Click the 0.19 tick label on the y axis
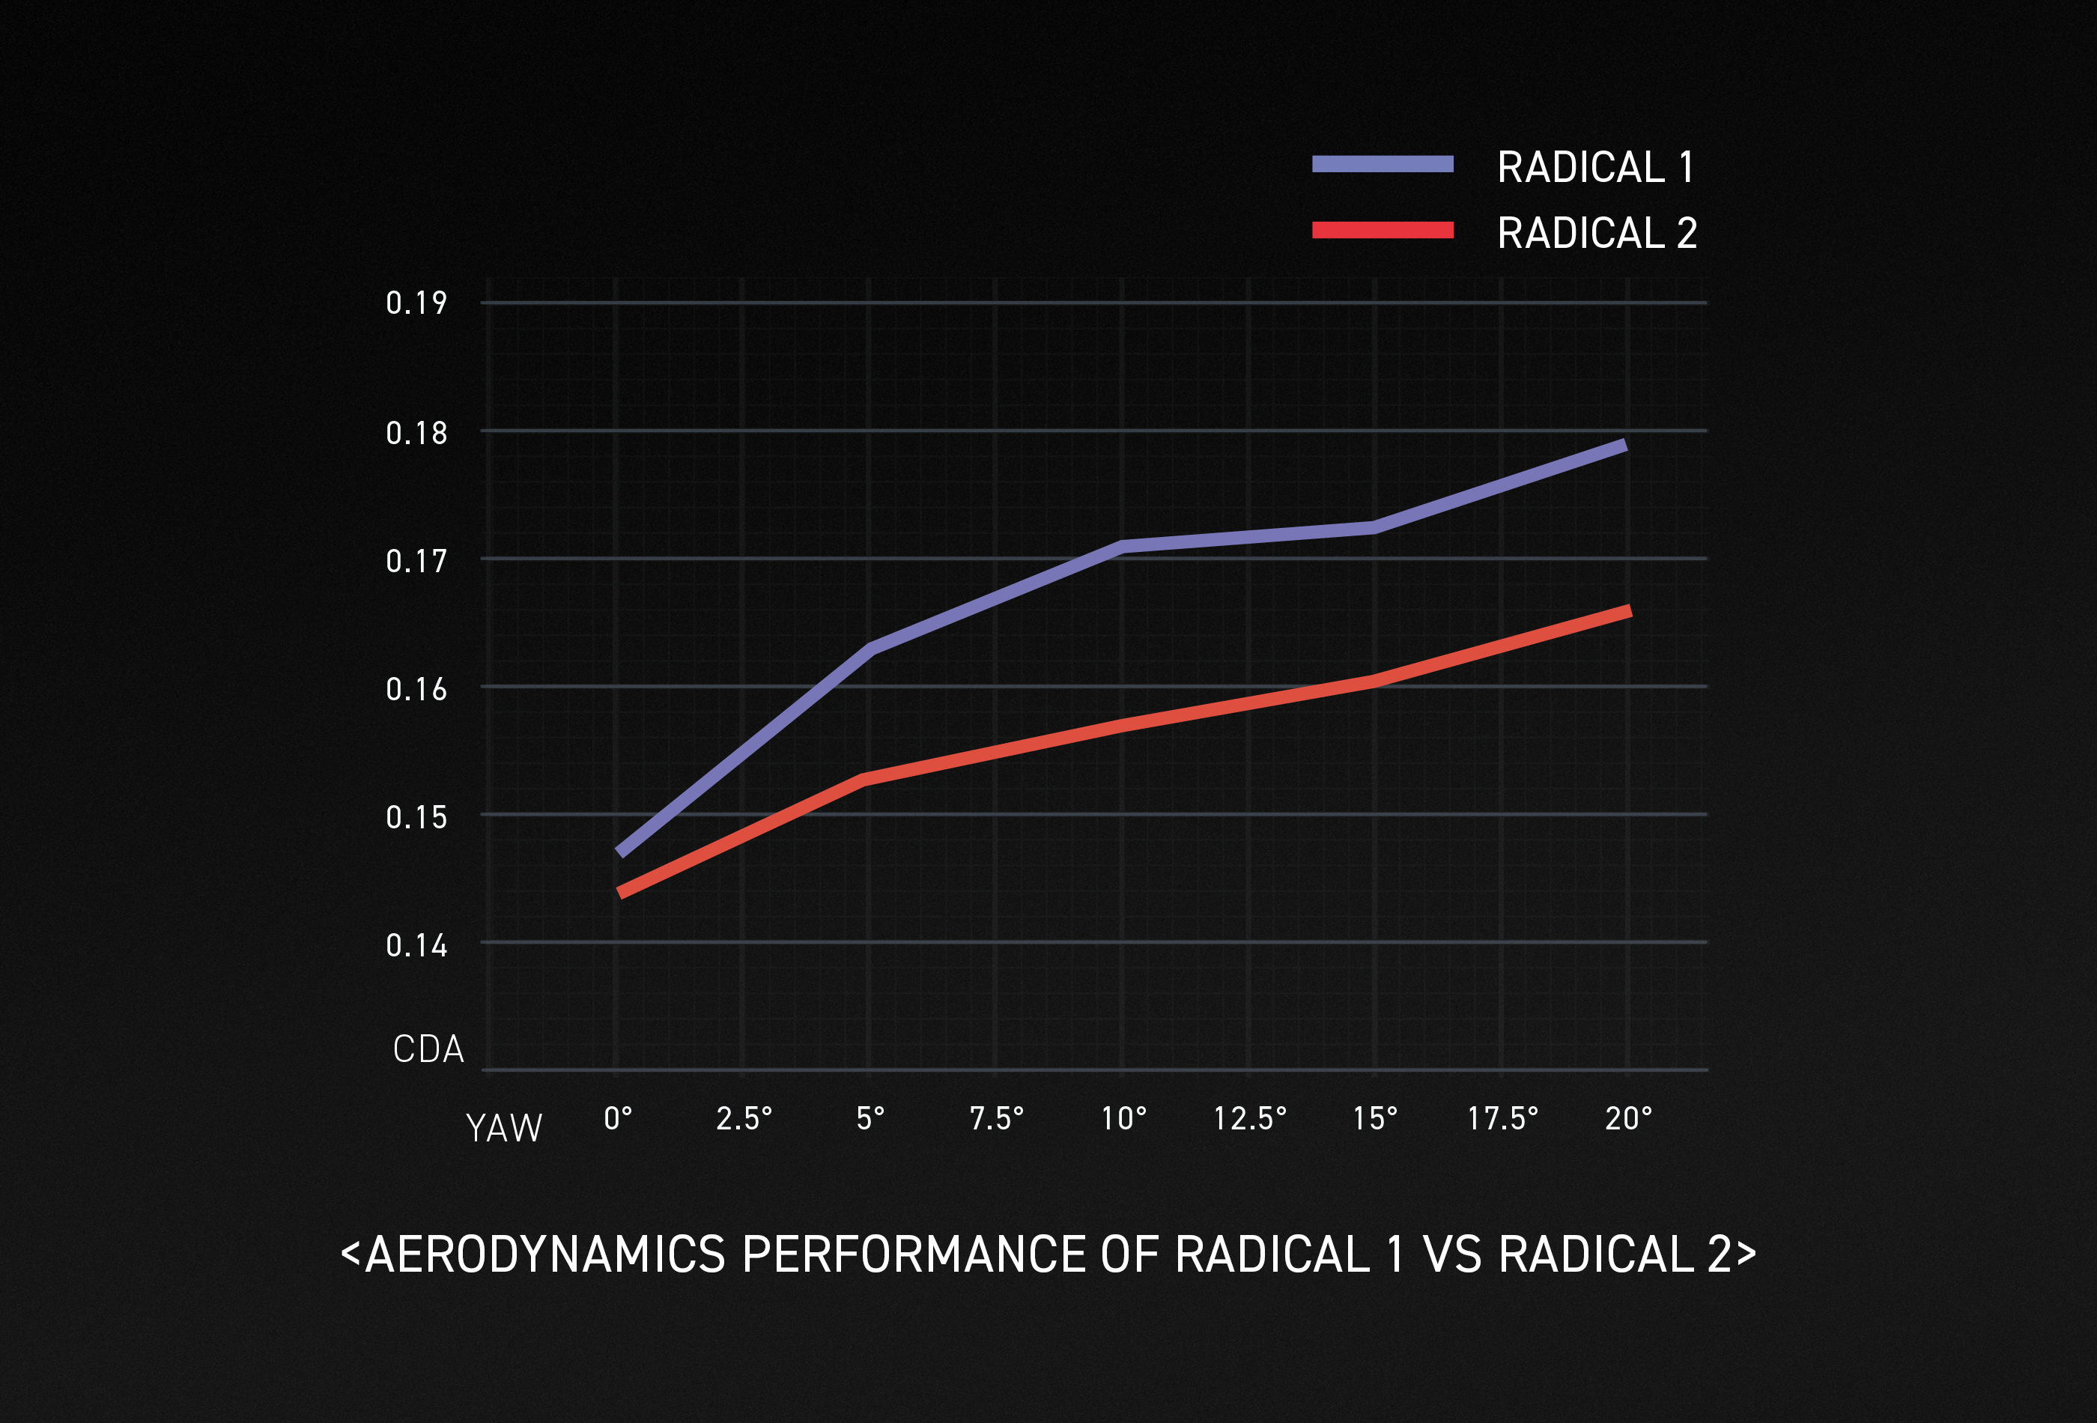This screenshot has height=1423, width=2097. [416, 303]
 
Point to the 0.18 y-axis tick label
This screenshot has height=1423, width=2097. [416, 433]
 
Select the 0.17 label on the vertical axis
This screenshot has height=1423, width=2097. [416, 561]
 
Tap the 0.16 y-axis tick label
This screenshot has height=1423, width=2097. [416, 689]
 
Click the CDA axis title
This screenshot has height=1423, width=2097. [428, 1049]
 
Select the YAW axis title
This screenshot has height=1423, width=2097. [503, 1128]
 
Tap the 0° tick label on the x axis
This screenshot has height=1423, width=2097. [618, 1119]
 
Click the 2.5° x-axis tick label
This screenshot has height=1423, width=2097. [744, 1119]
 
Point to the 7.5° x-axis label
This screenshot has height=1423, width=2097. [996, 1119]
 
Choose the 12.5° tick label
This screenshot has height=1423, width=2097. [1250, 1119]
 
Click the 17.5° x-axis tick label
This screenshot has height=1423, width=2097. [1502, 1119]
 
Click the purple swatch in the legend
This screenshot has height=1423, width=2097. [1383, 164]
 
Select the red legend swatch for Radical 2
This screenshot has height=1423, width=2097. [1383, 230]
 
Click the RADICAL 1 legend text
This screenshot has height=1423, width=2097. [1595, 168]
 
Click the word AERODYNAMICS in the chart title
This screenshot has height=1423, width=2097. [545, 1254]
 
